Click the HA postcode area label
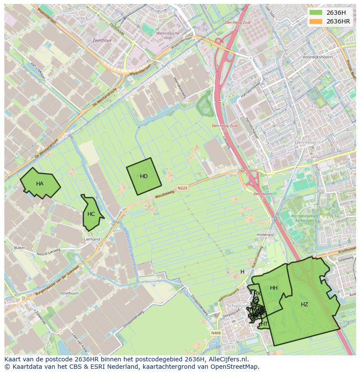(x=40, y=184)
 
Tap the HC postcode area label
(x=91, y=214)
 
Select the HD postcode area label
(x=144, y=176)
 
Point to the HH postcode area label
(x=273, y=288)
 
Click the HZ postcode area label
(x=304, y=304)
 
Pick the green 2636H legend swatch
(x=316, y=12)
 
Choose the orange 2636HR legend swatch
(x=316, y=21)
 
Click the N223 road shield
(x=182, y=188)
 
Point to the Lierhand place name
(x=92, y=239)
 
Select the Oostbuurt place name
(x=69, y=293)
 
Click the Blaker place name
(x=20, y=248)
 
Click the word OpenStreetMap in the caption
(x=237, y=367)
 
